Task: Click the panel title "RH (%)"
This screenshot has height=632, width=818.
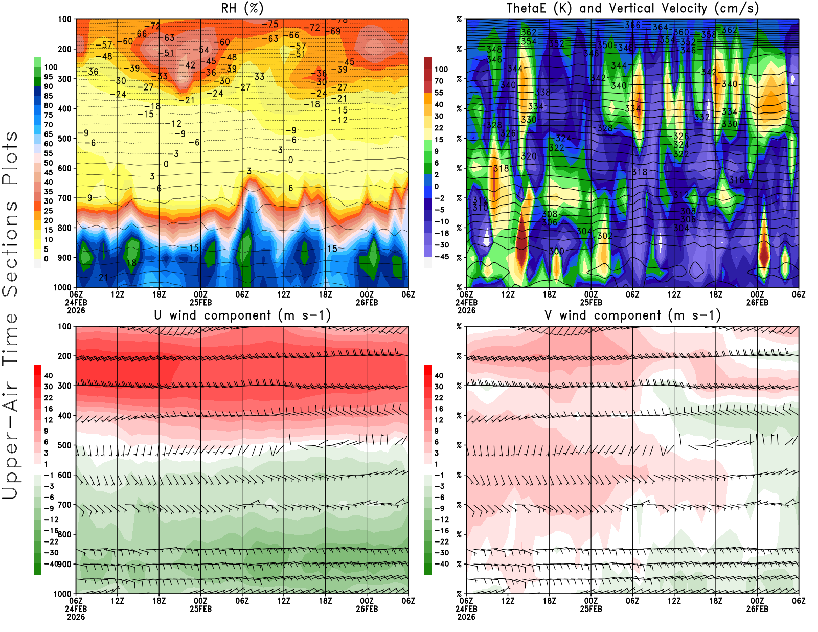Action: tap(242, 8)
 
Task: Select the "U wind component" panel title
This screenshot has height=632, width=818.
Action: tap(242, 315)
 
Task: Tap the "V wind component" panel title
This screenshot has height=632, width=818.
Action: tap(632, 315)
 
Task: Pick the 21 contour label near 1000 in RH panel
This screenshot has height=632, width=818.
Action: tap(103, 277)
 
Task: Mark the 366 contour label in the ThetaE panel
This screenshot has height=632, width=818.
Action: tap(632, 25)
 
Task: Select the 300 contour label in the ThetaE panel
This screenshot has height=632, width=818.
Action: tap(556, 251)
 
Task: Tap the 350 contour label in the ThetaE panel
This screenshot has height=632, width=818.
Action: tap(605, 45)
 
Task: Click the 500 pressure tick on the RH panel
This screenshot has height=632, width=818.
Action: tap(64, 138)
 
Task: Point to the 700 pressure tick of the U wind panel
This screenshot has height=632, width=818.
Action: tap(64, 505)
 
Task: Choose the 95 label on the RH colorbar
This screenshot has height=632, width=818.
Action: tap(48, 77)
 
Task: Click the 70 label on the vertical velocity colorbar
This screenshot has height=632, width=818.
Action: tap(439, 81)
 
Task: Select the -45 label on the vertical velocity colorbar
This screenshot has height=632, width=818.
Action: tap(441, 257)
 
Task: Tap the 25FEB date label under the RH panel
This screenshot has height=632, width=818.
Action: tap(200, 302)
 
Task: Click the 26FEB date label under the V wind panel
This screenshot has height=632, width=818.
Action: tap(757, 609)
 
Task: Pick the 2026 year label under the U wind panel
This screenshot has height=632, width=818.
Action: tap(76, 617)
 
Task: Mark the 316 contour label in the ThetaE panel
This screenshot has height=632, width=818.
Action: tap(736, 179)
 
